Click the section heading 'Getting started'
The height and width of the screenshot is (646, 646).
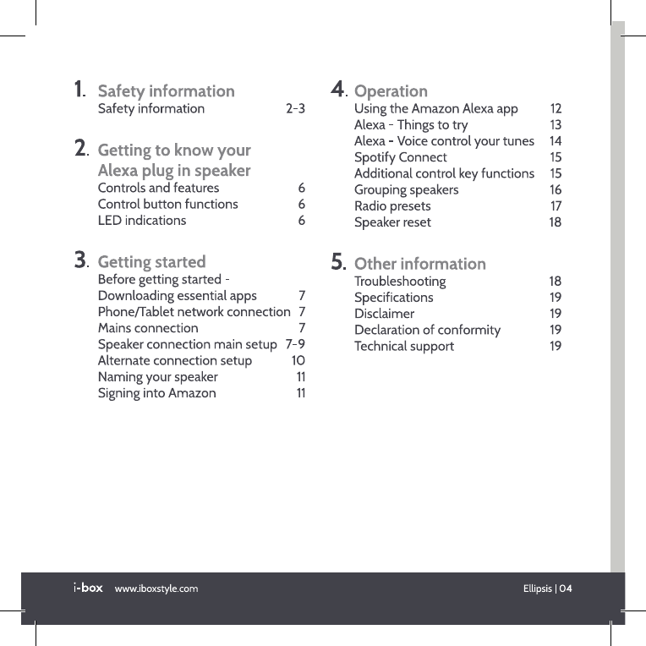151,262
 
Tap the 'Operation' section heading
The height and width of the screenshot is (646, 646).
390,91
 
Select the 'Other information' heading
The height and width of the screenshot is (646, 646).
419,264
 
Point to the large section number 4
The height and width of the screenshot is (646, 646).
337,89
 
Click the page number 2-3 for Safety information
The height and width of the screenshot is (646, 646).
295,109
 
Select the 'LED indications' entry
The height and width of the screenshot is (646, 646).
142,221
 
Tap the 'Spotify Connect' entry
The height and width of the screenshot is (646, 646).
400,157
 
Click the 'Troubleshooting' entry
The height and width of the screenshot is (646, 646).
399,282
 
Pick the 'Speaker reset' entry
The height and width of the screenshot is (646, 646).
392,222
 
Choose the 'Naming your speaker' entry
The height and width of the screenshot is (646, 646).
157,377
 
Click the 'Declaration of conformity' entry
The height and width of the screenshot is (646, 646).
427,330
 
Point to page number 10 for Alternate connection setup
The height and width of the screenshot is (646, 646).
298,361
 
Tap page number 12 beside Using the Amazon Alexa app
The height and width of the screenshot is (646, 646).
556,109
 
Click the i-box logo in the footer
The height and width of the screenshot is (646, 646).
87,588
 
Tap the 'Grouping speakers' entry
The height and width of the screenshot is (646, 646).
406,190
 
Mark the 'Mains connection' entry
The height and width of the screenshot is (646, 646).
148,328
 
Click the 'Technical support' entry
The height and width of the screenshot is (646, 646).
403,346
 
